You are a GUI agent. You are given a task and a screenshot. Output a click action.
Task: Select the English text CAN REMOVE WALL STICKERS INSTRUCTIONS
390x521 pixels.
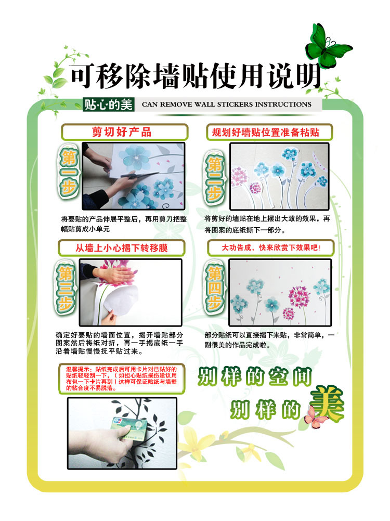tap(226, 105)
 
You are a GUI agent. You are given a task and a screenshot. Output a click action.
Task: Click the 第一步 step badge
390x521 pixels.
tap(68, 173)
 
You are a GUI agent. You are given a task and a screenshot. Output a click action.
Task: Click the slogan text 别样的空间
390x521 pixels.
tap(255, 378)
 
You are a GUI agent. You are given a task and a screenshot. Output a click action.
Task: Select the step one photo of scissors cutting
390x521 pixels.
tap(133, 176)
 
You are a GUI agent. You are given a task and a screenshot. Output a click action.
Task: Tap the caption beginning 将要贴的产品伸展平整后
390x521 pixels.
tap(123, 224)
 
